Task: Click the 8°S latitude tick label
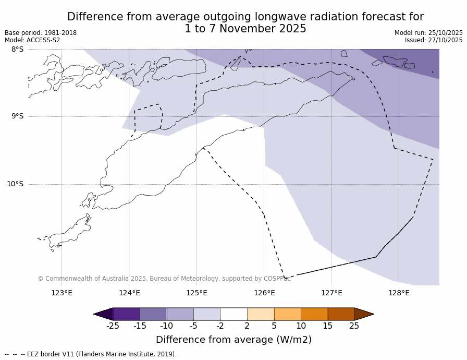(17, 49)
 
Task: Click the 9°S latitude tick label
(17, 116)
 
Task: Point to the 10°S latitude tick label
(15, 184)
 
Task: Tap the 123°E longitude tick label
(62, 293)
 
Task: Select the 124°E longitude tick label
(129, 293)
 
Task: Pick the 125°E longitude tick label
(196, 293)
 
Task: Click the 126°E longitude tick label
(264, 293)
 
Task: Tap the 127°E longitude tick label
(331, 293)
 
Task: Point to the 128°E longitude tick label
(399, 293)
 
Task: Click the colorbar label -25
(113, 326)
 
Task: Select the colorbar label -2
(220, 326)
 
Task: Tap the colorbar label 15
(327, 326)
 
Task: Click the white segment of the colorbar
(233, 314)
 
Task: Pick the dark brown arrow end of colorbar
(364, 314)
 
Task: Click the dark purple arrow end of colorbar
(103, 314)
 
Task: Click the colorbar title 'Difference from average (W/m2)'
(233, 340)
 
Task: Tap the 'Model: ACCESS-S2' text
(32, 40)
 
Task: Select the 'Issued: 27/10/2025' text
(434, 40)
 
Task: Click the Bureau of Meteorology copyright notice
(164, 279)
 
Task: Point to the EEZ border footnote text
(91, 354)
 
